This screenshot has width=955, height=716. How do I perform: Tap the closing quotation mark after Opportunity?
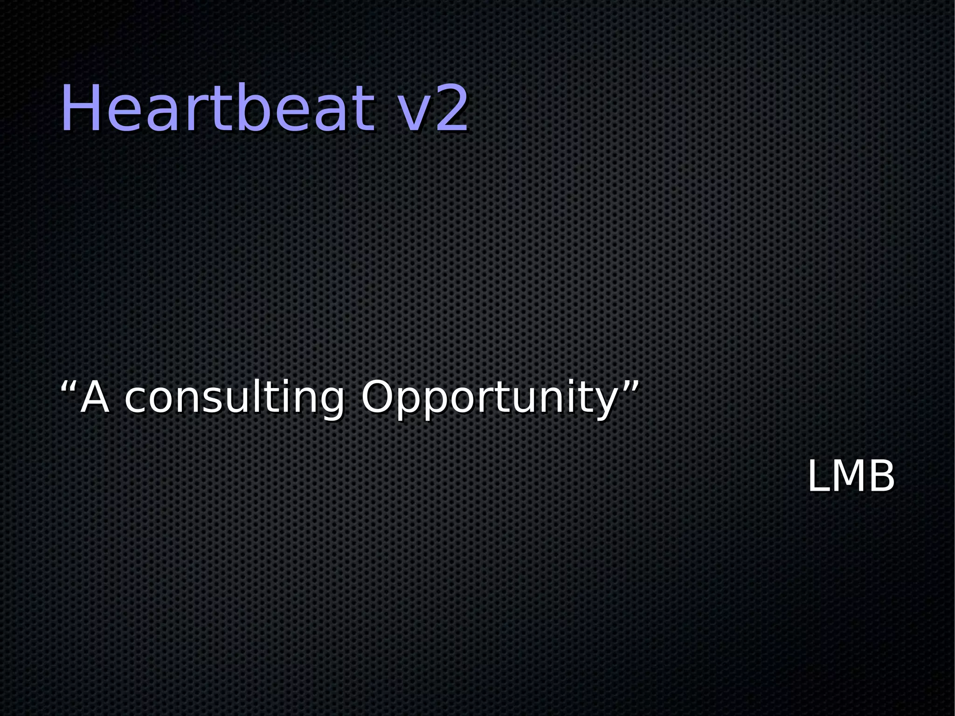click(x=630, y=387)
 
